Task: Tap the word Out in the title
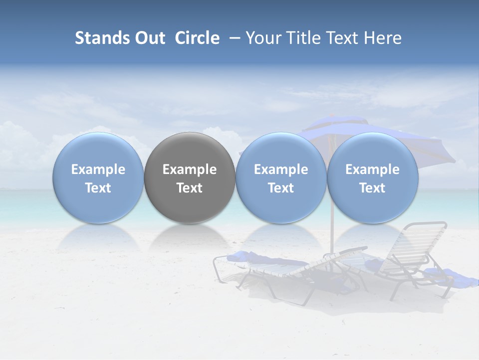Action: [x=150, y=38]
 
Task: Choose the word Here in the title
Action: [x=382, y=38]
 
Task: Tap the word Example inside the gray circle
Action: [x=190, y=169]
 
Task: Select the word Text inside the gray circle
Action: [x=190, y=188]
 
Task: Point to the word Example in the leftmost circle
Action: [x=98, y=169]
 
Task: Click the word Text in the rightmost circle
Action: [x=373, y=188]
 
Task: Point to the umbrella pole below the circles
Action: [x=331, y=240]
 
